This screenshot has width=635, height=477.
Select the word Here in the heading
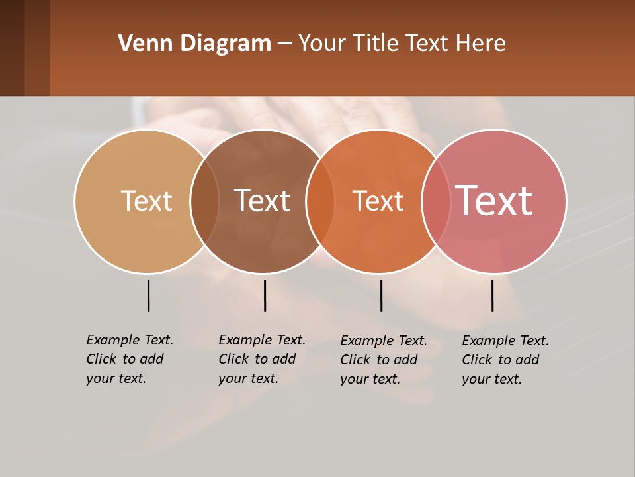pyautogui.click(x=481, y=44)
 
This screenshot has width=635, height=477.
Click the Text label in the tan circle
pyautogui.click(x=146, y=201)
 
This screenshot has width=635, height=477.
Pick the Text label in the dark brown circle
pyautogui.click(x=262, y=201)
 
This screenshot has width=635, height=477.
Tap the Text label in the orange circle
pyautogui.click(x=378, y=201)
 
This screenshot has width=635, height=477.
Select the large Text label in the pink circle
pyautogui.click(x=494, y=201)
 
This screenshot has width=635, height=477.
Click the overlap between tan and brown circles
pyautogui.click(x=204, y=201)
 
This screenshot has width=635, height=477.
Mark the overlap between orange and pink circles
pyautogui.click(x=436, y=201)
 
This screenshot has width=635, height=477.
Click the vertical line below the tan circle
pyautogui.click(x=149, y=295)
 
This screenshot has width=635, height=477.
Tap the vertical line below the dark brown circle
pyautogui.click(x=265, y=295)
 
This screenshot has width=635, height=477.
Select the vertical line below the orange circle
pyautogui.click(x=381, y=295)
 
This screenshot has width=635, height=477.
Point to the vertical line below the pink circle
pyautogui.click(x=493, y=295)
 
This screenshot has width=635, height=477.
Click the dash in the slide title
pyautogui.click(x=284, y=44)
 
